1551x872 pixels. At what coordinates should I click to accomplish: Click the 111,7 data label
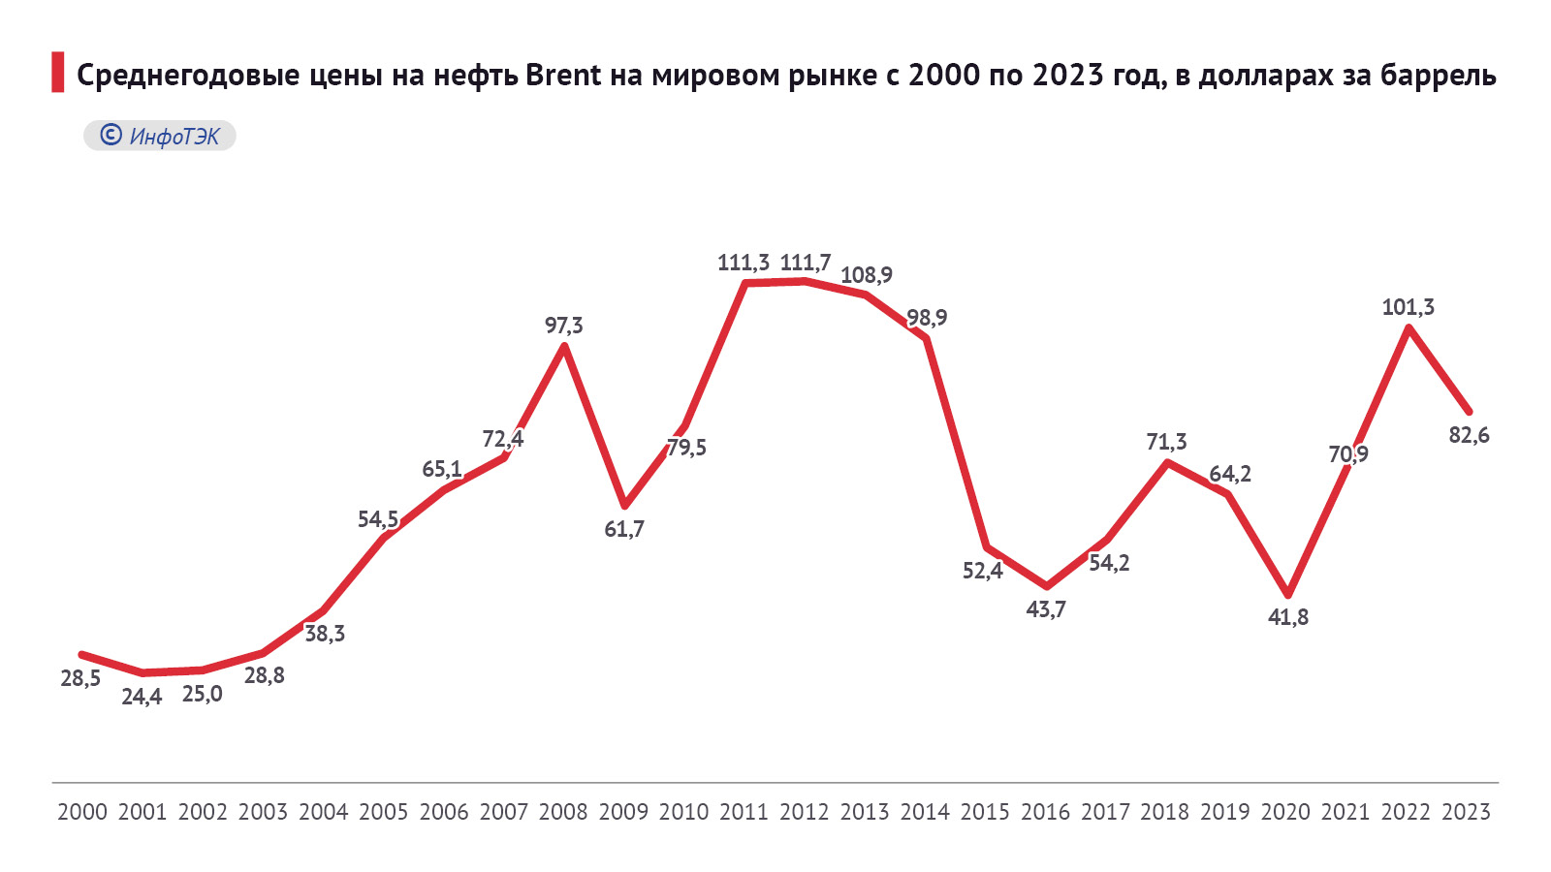[x=805, y=263]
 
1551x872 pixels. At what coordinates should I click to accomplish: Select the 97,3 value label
[x=564, y=326]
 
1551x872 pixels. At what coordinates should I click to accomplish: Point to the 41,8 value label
[x=1288, y=617]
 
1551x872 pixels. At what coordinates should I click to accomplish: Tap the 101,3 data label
[x=1408, y=307]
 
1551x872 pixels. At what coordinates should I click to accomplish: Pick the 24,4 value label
[x=142, y=697]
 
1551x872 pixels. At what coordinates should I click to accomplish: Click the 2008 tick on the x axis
[x=563, y=812]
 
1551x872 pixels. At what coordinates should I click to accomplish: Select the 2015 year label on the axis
[x=985, y=812]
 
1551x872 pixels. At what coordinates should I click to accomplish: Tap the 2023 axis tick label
[x=1466, y=812]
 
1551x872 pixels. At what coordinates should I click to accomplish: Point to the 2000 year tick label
[x=82, y=812]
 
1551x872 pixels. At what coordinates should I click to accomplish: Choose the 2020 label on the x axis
[x=1285, y=812]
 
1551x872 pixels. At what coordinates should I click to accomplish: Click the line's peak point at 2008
[x=564, y=346]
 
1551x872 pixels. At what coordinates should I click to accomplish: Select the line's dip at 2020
[x=1288, y=595]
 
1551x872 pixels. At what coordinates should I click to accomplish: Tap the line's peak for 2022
[x=1409, y=328]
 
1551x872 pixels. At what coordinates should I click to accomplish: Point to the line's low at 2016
[x=1047, y=586]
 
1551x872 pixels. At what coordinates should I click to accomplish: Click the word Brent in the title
[x=563, y=75]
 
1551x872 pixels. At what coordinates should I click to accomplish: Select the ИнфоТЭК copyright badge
[x=160, y=136]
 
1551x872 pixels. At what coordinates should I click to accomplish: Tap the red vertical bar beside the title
[x=58, y=74]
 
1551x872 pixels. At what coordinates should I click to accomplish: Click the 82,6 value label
[x=1469, y=436]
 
